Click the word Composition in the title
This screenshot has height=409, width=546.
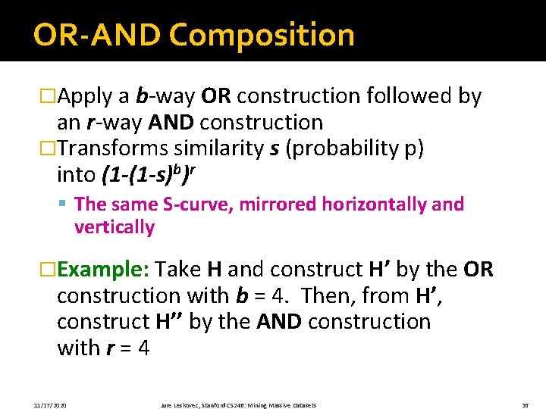click(262, 35)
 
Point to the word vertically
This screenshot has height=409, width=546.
click(115, 226)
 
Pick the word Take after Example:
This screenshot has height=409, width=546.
click(180, 270)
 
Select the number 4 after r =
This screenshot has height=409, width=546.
click(143, 348)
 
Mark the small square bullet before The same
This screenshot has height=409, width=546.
click(67, 204)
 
